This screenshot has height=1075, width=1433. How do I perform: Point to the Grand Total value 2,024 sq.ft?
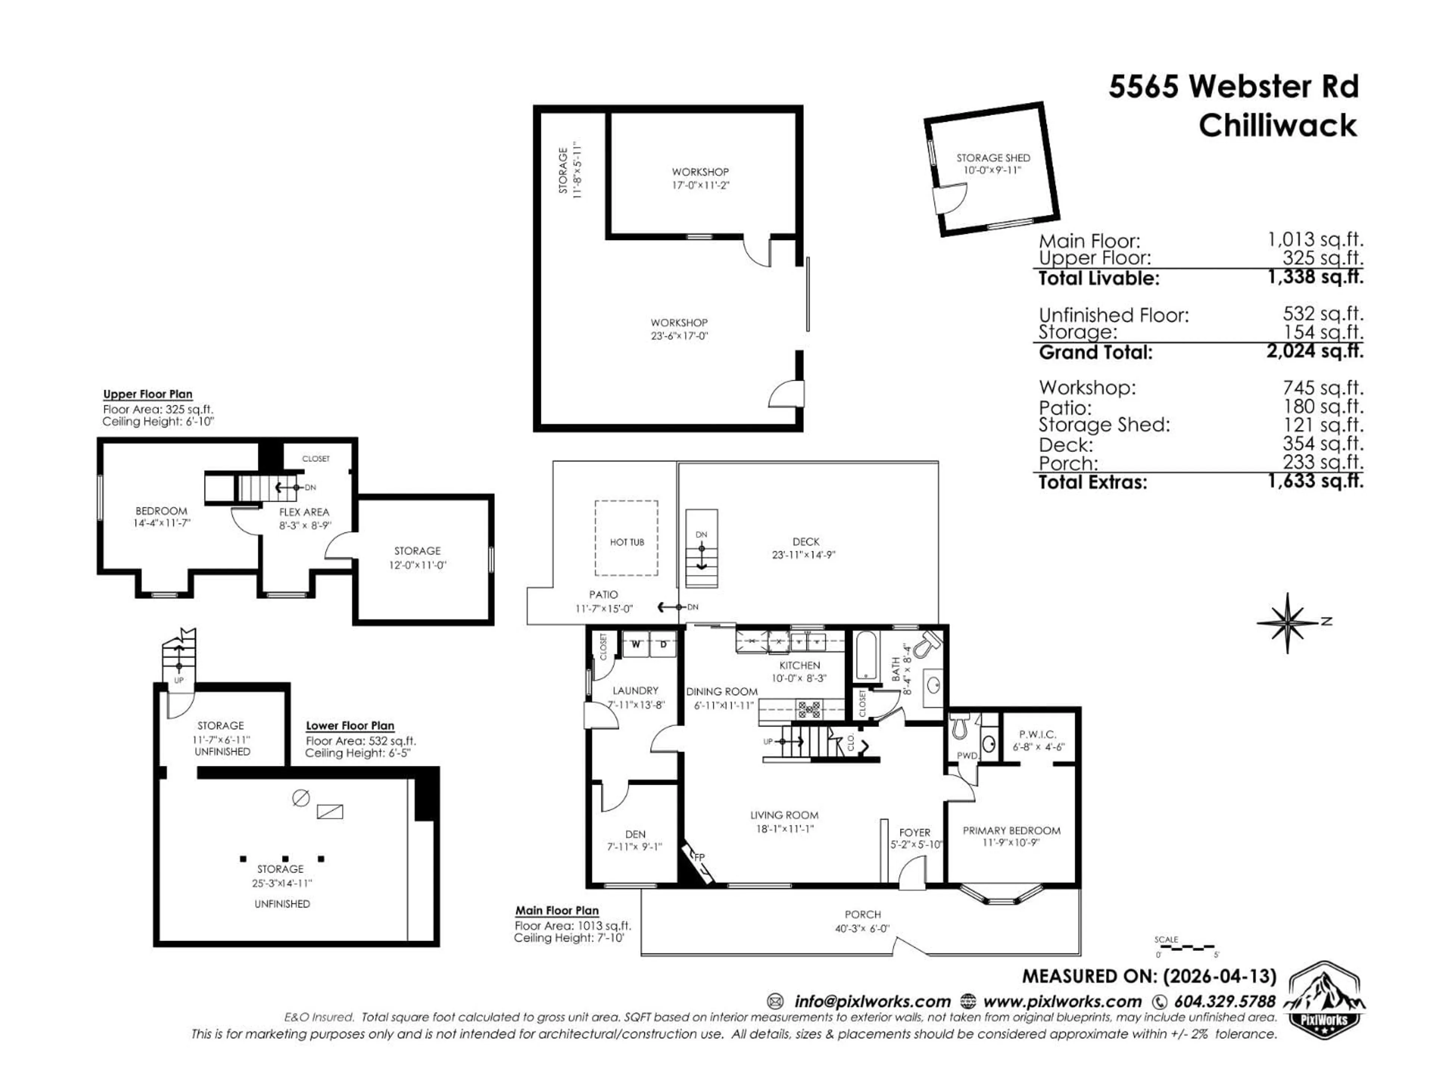(1315, 351)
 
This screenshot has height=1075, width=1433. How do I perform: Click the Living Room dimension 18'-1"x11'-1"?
(784, 829)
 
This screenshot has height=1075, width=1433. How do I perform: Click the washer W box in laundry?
(636, 644)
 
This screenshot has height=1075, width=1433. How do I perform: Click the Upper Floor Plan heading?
(148, 394)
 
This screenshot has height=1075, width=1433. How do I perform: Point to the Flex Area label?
(304, 512)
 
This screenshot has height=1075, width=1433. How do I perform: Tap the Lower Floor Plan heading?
(350, 726)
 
